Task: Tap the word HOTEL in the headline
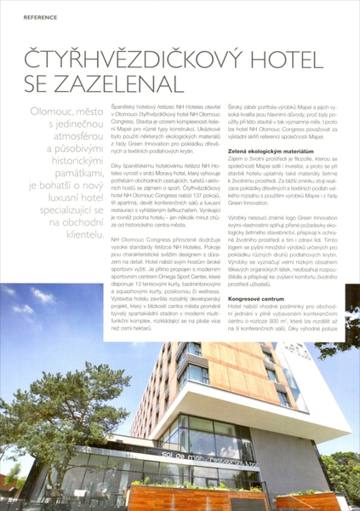[x=289, y=62]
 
